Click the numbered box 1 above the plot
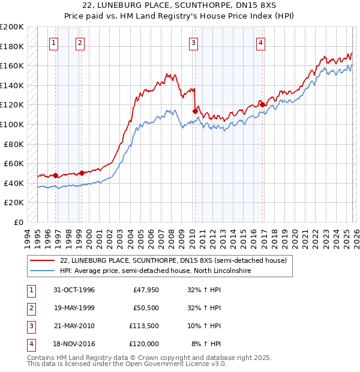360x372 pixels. pyautogui.click(x=55, y=43)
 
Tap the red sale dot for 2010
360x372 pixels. pyautogui.click(x=195, y=111)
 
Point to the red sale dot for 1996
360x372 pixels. pyautogui.click(x=56, y=175)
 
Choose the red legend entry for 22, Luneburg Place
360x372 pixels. pyautogui.click(x=174, y=260)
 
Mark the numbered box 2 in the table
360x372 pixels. pyautogui.click(x=29, y=308)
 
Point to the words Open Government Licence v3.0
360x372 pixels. pyautogui.click(x=176, y=364)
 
